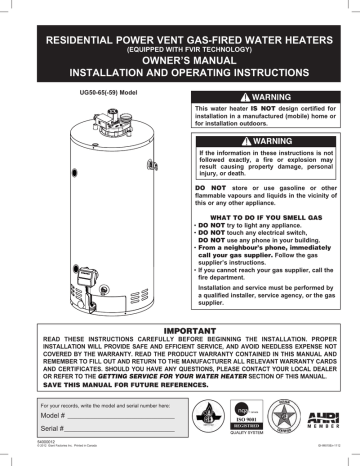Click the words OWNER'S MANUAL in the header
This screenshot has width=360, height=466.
point(179,59)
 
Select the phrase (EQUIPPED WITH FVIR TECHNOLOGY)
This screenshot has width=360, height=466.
point(179,46)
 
